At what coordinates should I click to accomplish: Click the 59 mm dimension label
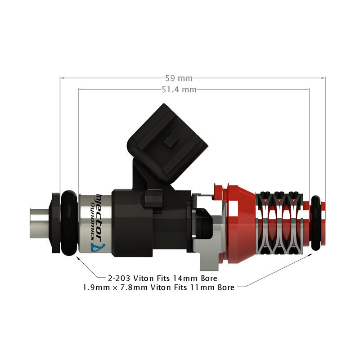179,77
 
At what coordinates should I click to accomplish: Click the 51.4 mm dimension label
179,90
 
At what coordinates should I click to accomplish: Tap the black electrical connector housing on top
169,139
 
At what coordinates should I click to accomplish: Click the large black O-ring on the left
69,223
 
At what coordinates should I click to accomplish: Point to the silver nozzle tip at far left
40,222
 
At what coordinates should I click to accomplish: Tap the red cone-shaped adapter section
241,223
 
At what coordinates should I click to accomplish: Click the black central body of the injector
135,220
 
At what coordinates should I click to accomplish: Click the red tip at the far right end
323,223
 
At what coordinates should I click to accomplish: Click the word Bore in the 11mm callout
225,287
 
